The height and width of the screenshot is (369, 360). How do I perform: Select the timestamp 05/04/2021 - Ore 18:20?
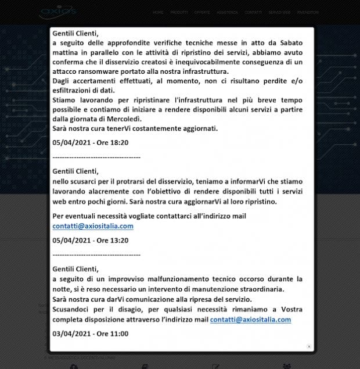pyautogui.click(x=90, y=142)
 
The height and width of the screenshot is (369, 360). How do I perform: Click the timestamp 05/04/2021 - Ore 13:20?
pyautogui.click(x=90, y=240)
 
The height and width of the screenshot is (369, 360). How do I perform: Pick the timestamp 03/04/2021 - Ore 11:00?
pyautogui.click(x=90, y=334)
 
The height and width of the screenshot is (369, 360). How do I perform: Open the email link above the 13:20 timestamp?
pyautogui.click(x=93, y=226)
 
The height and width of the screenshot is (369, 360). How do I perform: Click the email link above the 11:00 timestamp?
pyautogui.click(x=250, y=320)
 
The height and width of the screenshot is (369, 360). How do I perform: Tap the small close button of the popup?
pyautogui.click(x=309, y=346)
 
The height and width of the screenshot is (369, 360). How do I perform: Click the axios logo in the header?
pyautogui.click(x=59, y=12)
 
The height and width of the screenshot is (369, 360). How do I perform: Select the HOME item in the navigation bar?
pyautogui.click(x=158, y=12)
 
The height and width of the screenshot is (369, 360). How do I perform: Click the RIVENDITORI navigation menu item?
pyautogui.click(x=307, y=12)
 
